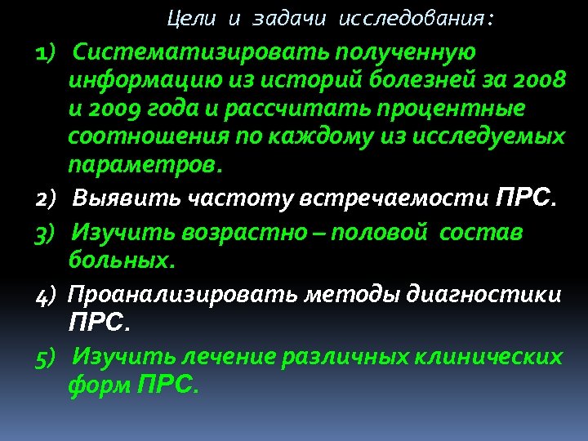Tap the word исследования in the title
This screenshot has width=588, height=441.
416,17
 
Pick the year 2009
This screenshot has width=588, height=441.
120,109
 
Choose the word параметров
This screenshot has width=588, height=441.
144,165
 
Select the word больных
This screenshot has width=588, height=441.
121,262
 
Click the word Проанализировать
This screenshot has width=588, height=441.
184,295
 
